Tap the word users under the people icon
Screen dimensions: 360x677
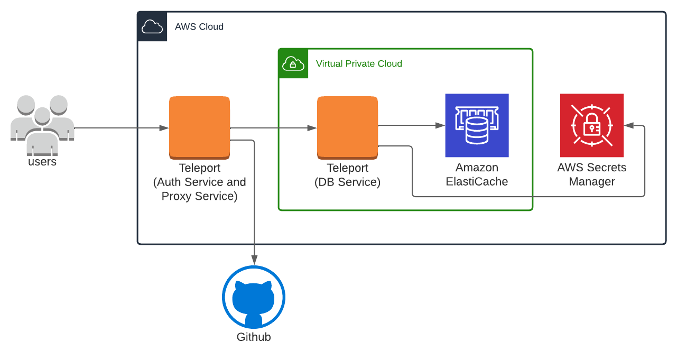point(42,162)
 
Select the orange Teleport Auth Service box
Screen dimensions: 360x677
point(199,127)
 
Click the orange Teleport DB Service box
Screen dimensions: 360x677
point(347,127)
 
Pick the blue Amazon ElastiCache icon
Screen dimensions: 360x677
point(477,125)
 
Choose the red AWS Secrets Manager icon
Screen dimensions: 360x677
point(592,125)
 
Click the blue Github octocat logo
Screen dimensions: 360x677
point(254,297)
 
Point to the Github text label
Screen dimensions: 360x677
point(254,337)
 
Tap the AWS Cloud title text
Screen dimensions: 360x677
point(199,26)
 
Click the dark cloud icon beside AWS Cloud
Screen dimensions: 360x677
point(152,26)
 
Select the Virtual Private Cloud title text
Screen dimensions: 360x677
point(359,63)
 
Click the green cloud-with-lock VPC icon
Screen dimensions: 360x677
point(293,63)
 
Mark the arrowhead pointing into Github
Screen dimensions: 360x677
point(254,260)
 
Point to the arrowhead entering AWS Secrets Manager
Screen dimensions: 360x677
point(628,125)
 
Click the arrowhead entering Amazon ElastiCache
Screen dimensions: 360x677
point(440,125)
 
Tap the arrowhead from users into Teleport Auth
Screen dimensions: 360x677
point(164,128)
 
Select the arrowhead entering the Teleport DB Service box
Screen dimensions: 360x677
point(312,128)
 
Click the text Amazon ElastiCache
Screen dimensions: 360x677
point(477,174)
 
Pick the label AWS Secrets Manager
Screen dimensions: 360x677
point(592,174)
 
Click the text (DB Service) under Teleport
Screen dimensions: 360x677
point(347,182)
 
